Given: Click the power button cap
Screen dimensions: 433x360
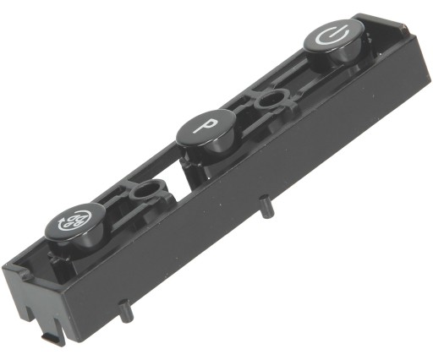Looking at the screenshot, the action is point(334,35).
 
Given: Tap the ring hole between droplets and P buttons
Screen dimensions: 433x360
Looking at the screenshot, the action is point(146,191).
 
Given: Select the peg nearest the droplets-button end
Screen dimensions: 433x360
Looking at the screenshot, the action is point(126,312).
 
